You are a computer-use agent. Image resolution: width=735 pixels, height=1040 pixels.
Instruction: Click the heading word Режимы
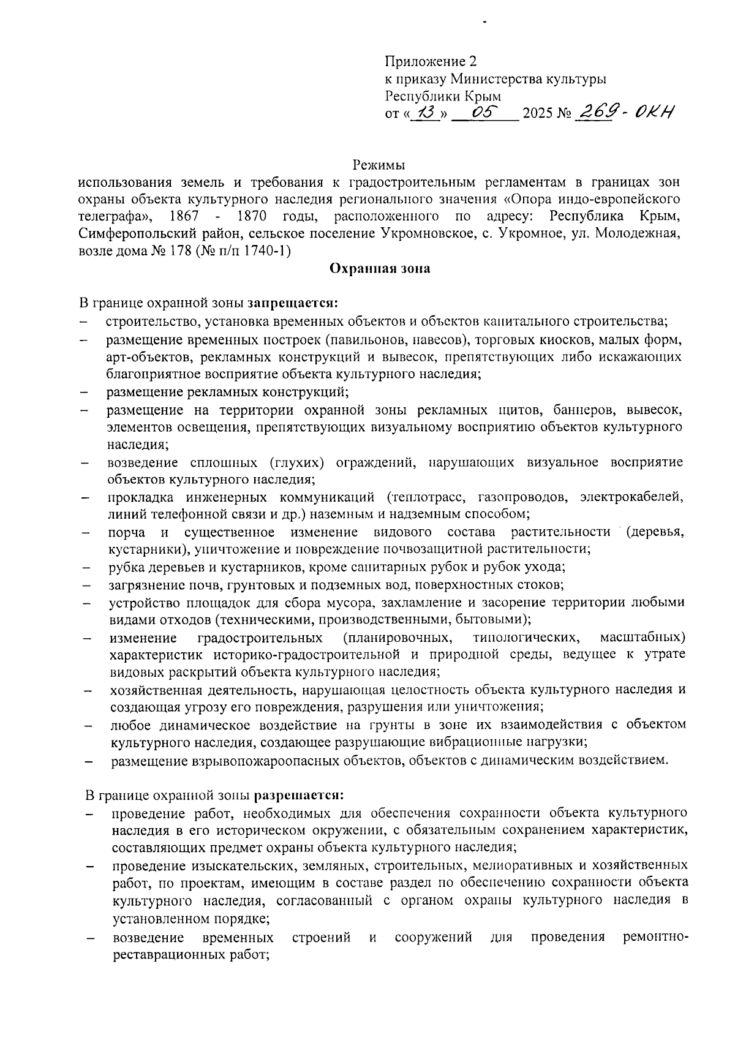pos(379,165)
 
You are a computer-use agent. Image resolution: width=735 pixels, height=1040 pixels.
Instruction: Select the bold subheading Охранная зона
pos(380,268)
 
